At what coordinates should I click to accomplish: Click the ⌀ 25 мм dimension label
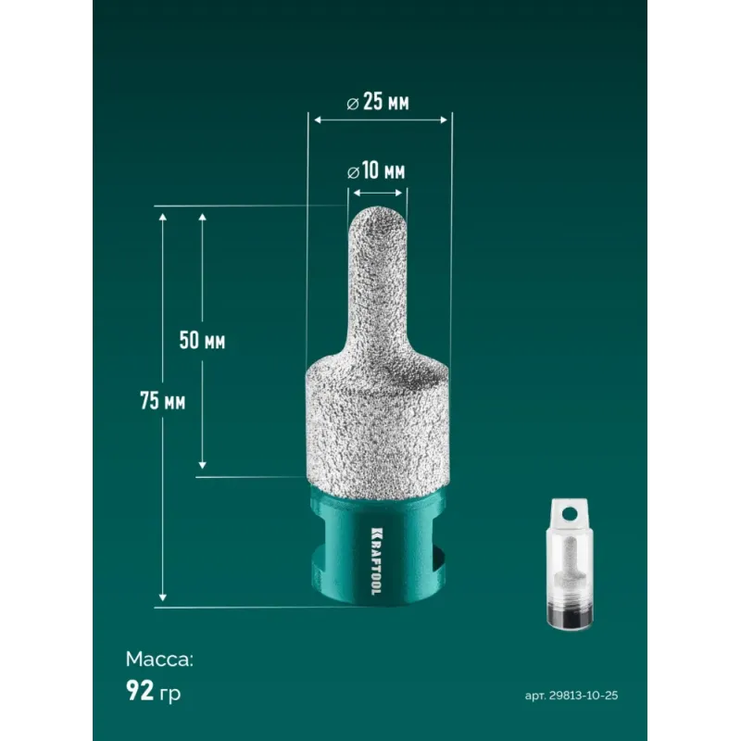378,103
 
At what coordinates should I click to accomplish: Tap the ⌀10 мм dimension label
376,171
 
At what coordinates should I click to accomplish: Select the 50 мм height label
202,340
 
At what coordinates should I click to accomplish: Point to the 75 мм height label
163,401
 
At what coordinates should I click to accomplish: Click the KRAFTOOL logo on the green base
377,561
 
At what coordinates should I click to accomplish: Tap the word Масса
159,659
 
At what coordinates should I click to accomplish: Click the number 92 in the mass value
140,690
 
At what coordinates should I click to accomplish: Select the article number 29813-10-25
584,696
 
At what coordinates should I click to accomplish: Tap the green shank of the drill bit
378,548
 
